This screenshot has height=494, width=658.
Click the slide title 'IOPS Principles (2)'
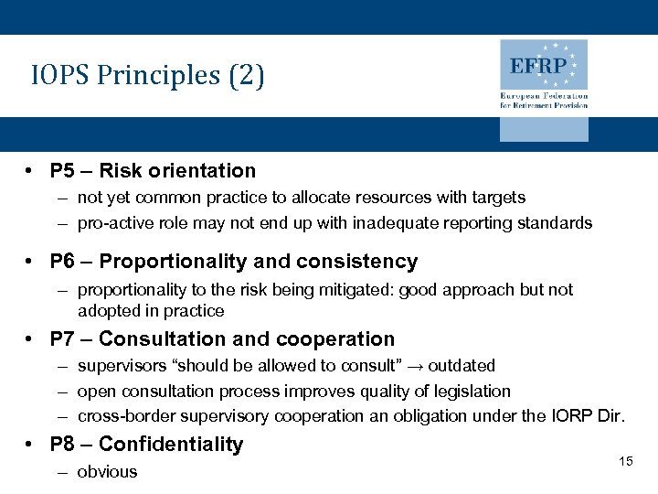147,75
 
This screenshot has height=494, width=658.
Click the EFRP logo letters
538,67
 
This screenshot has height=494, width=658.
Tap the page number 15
625,461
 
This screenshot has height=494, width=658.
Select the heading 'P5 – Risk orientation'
153,171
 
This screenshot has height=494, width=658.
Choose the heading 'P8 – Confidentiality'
146,445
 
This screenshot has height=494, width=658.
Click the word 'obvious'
107,472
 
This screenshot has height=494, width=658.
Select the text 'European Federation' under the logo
543,96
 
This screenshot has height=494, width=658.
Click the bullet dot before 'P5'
31,171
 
